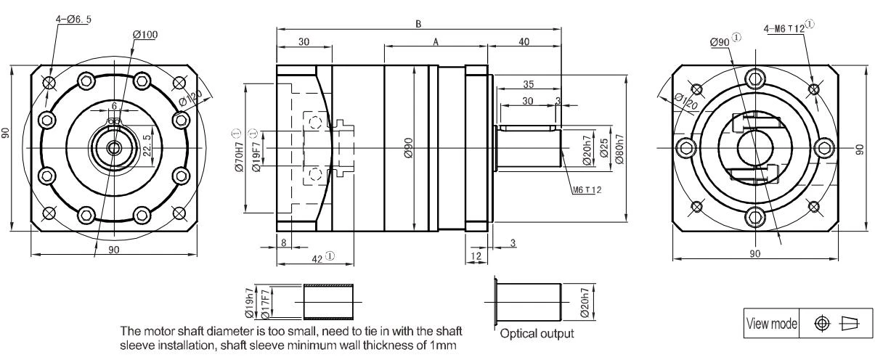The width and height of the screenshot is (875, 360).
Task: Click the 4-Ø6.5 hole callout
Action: click(x=74, y=19)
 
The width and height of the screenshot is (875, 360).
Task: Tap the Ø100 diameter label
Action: click(x=145, y=34)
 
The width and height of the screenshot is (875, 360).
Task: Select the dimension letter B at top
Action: click(x=418, y=24)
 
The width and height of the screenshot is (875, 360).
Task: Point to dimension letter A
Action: click(x=436, y=41)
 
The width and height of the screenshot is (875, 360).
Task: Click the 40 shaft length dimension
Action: click(x=524, y=41)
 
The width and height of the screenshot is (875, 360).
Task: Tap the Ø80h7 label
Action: click(x=619, y=150)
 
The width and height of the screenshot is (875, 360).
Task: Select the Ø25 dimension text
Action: click(x=604, y=148)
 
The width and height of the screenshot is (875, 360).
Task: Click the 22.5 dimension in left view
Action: click(x=147, y=145)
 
